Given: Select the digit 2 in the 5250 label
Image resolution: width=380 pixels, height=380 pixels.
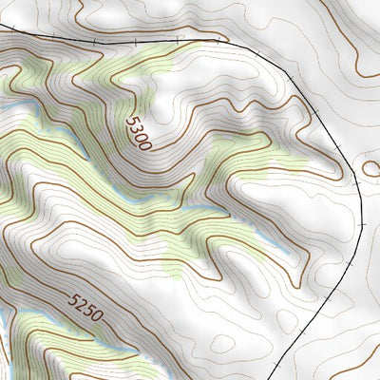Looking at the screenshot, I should pyautogui.click(x=80, y=305).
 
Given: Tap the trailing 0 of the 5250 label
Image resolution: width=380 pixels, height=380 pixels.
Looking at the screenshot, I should pyautogui.click(x=95, y=316).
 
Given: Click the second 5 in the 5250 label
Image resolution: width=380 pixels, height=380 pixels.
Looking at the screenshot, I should pyautogui.click(x=87, y=311).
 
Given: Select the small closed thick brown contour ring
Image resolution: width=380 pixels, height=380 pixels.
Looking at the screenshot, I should pyautogui.click(x=371, y=168).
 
